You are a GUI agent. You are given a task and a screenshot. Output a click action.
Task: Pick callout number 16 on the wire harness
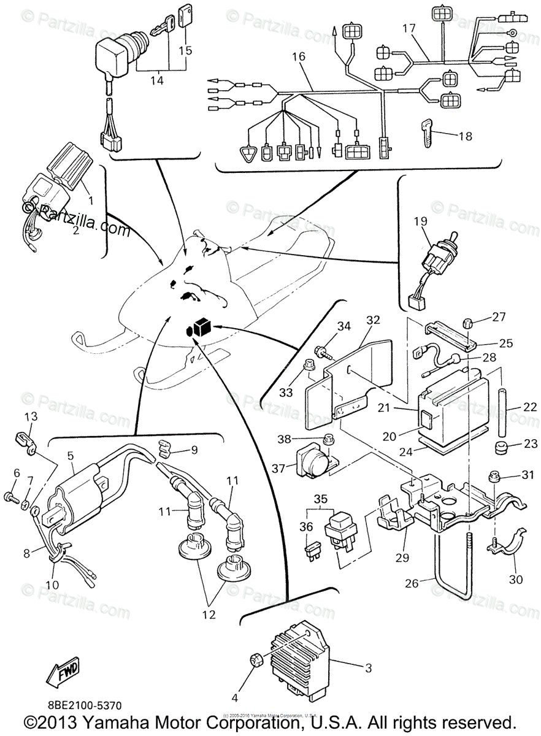click(x=299, y=56)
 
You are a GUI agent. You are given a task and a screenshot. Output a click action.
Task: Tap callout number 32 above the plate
click(x=374, y=320)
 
